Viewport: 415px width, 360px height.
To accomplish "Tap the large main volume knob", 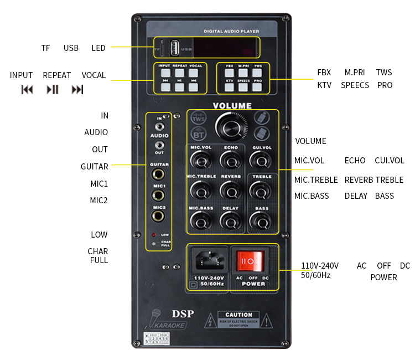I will click(229, 126).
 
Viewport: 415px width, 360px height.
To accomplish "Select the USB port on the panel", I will click(174, 49).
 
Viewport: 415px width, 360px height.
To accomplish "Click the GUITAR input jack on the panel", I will click(159, 174).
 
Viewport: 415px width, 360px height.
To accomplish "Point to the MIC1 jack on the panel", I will click(159, 196).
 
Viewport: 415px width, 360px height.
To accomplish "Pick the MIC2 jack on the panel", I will click(159, 217).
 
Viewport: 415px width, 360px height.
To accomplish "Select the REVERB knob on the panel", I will click(230, 190).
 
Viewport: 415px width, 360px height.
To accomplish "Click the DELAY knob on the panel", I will click(230, 220).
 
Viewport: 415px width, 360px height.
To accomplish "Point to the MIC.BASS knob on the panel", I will click(200, 220).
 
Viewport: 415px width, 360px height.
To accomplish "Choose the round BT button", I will click(198, 134).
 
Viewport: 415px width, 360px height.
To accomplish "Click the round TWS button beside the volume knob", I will click(198, 119).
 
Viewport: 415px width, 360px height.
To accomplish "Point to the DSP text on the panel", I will click(183, 314).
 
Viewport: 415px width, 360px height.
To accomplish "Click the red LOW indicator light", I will click(154, 235).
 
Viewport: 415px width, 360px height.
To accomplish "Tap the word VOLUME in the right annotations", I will click(310, 141).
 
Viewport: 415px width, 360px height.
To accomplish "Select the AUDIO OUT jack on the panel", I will click(159, 146).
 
